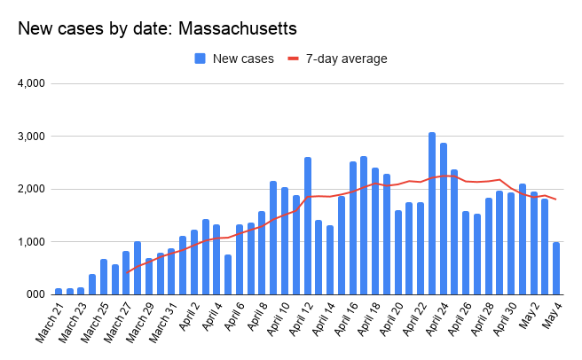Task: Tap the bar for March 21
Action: (x=59, y=291)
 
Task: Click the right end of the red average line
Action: (x=556, y=200)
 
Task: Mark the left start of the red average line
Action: (x=127, y=272)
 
